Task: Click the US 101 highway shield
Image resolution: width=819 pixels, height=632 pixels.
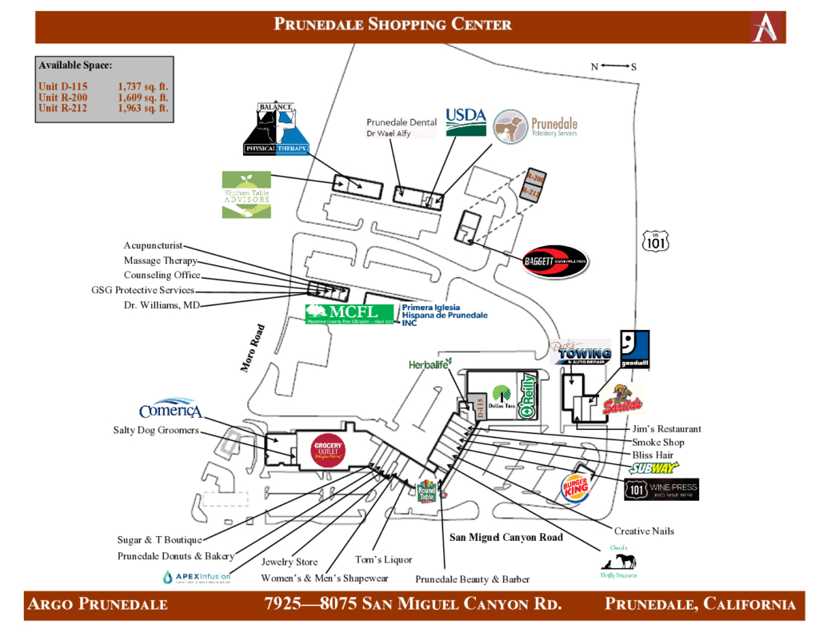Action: [655, 240]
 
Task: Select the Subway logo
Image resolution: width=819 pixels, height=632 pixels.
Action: [654, 468]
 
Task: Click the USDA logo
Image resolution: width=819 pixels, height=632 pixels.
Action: [465, 121]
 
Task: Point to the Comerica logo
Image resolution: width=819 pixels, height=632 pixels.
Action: [170, 409]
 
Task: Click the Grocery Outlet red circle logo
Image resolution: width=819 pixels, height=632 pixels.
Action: [328, 451]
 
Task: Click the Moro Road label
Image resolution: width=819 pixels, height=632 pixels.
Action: [253, 348]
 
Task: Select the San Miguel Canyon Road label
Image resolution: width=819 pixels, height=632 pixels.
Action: [505, 537]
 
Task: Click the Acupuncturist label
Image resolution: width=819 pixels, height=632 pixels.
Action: [153, 245]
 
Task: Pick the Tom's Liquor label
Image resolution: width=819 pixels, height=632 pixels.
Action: [382, 559]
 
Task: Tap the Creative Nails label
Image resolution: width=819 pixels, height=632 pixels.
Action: [644, 531]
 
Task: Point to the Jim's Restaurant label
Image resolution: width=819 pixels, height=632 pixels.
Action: [666, 429]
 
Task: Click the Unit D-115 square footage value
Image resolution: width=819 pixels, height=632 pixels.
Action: [143, 86]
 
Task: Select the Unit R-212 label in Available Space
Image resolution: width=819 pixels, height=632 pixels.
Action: [63, 108]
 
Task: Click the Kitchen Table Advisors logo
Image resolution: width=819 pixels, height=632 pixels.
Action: [246, 194]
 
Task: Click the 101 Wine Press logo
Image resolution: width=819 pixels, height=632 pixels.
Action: [661, 489]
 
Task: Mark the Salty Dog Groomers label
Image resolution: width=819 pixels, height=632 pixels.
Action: [156, 430]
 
